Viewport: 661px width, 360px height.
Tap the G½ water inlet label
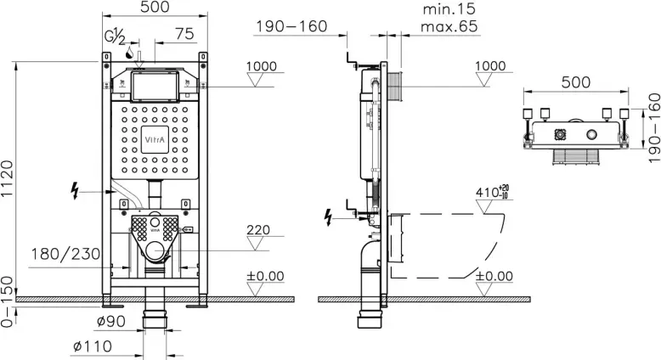coord(115,37)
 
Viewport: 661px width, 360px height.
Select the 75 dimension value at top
coord(184,34)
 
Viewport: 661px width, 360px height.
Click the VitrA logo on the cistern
coord(155,140)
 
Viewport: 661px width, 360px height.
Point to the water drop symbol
coord(130,53)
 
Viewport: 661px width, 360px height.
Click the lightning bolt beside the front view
coord(75,190)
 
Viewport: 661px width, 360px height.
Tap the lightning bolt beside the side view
coord(329,217)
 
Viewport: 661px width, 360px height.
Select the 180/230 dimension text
coord(65,255)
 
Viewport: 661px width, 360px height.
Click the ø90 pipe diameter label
coord(111,322)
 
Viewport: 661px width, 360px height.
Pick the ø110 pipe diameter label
coord(93,346)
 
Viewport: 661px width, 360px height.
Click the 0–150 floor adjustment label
coord(7,301)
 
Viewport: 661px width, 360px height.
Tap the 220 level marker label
coord(258,230)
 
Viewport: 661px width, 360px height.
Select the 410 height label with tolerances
coord(492,192)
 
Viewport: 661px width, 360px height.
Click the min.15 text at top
coord(449,8)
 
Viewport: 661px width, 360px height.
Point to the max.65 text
coord(449,27)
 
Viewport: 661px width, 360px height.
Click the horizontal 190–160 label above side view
coord(291,26)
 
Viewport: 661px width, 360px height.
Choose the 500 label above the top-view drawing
coord(576,82)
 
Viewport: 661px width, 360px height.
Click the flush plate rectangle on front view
coord(155,87)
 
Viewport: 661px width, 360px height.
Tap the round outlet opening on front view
coord(155,251)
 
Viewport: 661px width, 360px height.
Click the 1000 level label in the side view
coord(490,66)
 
